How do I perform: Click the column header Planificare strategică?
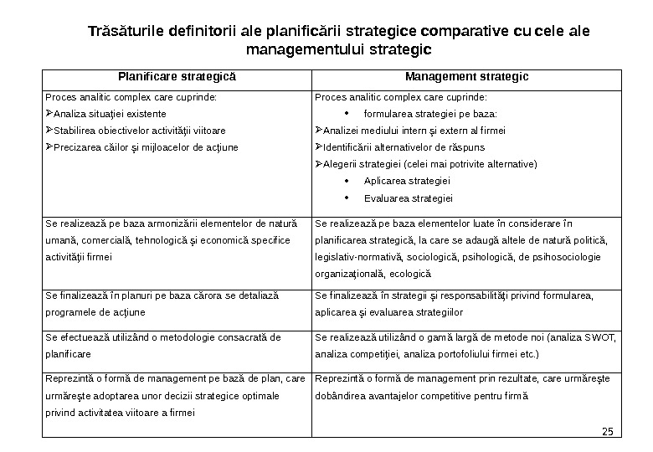[177, 77]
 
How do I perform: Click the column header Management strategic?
[467, 77]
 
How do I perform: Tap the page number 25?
[608, 432]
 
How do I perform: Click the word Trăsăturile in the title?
[128, 33]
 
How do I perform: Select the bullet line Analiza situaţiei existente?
[109, 113]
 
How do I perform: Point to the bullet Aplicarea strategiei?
[408, 181]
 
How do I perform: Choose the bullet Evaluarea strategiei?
[409, 198]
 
